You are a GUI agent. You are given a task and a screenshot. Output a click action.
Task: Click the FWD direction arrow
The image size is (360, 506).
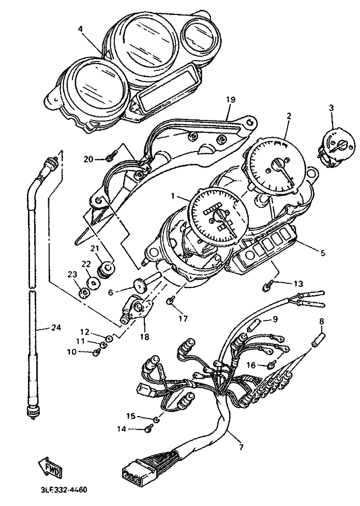(x=50, y=466)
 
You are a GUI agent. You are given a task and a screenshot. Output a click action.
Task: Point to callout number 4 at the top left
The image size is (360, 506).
(x=80, y=28)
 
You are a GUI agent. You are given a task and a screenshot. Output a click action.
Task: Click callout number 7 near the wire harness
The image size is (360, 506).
(x=242, y=447)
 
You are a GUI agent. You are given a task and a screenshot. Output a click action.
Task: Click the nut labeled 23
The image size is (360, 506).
(x=84, y=293)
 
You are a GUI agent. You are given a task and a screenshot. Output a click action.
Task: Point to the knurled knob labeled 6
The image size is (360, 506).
(x=140, y=286)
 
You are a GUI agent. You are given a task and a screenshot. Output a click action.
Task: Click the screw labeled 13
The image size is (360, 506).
(x=267, y=286)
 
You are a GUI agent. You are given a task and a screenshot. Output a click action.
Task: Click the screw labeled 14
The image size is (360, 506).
(x=149, y=428)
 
